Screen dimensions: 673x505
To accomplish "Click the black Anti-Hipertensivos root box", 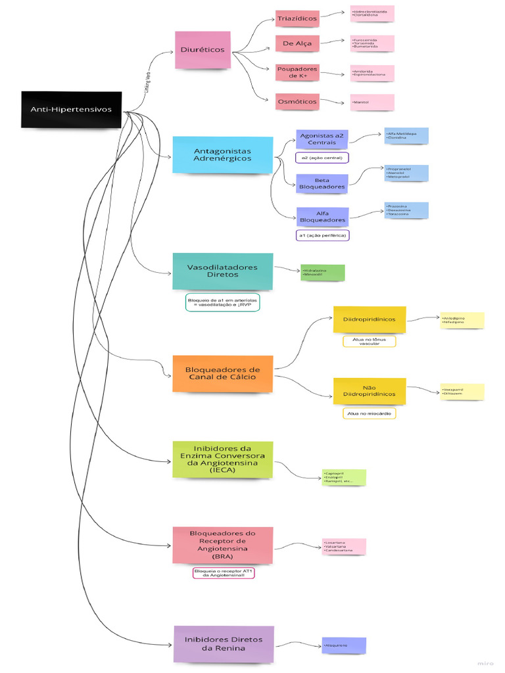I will point(71,110).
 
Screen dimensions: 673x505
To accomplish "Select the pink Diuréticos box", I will point(203,50).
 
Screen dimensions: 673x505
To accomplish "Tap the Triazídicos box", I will point(297,19).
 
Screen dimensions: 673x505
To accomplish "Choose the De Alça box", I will point(297,44).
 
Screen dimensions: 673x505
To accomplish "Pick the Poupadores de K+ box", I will point(297,72).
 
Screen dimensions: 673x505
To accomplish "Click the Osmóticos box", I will point(297,102).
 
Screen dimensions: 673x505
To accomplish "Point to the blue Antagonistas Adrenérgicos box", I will point(222,155).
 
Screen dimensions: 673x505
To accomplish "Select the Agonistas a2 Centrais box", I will point(322,139).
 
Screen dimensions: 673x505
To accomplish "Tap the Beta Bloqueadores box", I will point(322,183).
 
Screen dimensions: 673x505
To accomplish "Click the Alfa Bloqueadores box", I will point(322,217).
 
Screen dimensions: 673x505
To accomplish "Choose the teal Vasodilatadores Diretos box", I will point(222,271).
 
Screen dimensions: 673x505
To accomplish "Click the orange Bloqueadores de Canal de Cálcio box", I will point(222,373).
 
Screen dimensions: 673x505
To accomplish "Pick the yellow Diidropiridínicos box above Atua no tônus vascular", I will point(369,319).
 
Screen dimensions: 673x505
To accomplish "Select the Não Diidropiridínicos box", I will point(369,391).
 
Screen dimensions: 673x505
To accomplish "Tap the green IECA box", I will point(222,459).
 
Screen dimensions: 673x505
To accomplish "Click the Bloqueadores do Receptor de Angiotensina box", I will point(222,544).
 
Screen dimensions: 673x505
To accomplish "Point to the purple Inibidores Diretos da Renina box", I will point(224,643).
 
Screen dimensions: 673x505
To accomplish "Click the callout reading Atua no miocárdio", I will point(369,413).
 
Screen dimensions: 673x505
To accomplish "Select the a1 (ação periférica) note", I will point(322,235).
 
